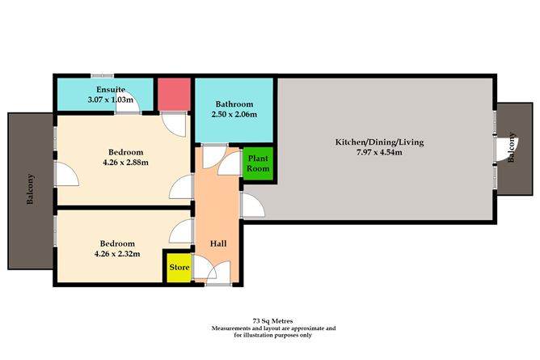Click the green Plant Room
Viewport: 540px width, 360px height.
click(259, 165)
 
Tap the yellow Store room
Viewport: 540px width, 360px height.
click(179, 268)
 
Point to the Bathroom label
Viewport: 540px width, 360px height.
click(234, 104)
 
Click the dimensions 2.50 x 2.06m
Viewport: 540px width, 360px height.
click(234, 115)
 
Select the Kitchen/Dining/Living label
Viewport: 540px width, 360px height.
click(379, 142)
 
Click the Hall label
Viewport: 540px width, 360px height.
click(218, 243)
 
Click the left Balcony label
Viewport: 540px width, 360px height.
click(30, 189)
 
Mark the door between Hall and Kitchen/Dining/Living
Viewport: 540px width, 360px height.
click(251, 206)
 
